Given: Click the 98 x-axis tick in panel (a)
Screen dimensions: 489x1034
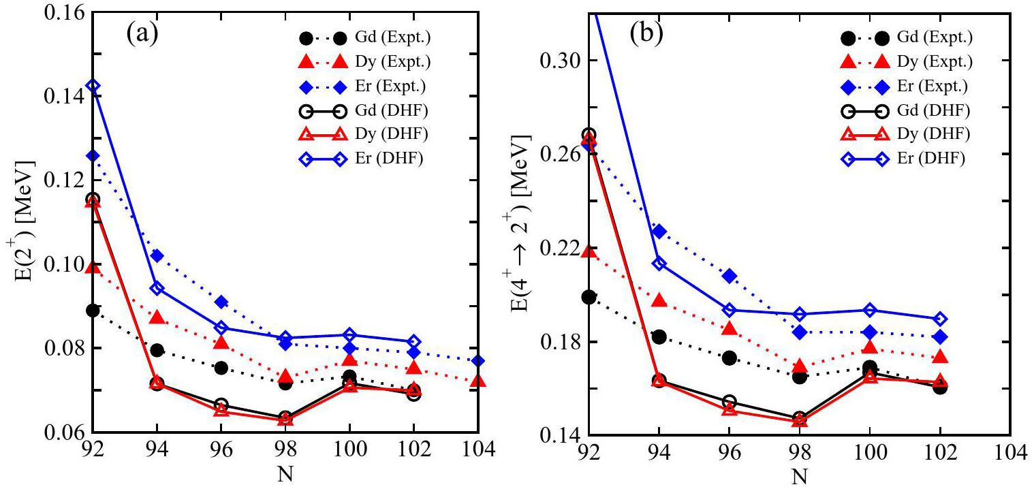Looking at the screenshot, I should tap(285, 451).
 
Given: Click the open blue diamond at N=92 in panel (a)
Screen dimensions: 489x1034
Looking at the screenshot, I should tap(93, 86).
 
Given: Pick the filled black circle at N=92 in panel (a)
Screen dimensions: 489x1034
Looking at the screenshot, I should tap(93, 311).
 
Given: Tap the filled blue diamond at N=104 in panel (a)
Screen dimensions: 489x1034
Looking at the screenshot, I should tap(478, 360).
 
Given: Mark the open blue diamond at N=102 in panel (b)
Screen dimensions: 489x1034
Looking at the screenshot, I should tap(940, 319).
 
